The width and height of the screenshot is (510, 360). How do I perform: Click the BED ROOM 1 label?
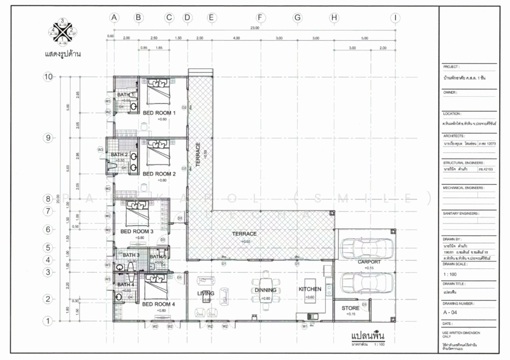pyautogui.click(x=159, y=113)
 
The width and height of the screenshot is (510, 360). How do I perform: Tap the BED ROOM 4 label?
pyautogui.click(x=159, y=304)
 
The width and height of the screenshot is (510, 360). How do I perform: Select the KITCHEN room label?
pyautogui.click(x=310, y=289)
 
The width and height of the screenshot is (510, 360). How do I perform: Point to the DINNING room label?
pyautogui.click(x=265, y=290)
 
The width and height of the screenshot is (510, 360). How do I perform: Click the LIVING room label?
pyautogui.click(x=205, y=293)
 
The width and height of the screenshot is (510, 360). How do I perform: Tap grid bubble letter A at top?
pyautogui.click(x=115, y=18)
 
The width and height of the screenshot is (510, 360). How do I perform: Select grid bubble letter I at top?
pyautogui.click(x=396, y=18)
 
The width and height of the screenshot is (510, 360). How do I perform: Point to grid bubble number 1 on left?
pyautogui.click(x=47, y=322)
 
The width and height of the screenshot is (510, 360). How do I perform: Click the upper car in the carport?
pyautogui.click(x=362, y=246)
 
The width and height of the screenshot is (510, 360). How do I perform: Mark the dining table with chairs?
pyautogui.click(x=265, y=280)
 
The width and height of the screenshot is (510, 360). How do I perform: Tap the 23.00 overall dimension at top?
pyautogui.click(x=255, y=28)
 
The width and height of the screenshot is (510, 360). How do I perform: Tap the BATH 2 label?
pyautogui.click(x=119, y=154)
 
